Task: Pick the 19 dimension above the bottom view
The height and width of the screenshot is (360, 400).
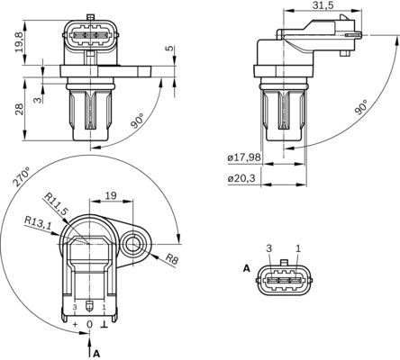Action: pyautogui.click(x=110, y=193)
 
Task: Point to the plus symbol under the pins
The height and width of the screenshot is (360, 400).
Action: pyautogui.click(x=75, y=322)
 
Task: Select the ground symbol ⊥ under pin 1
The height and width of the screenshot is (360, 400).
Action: pyautogui.click(x=104, y=322)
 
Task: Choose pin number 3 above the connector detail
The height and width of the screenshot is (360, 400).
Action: pyautogui.click(x=268, y=247)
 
